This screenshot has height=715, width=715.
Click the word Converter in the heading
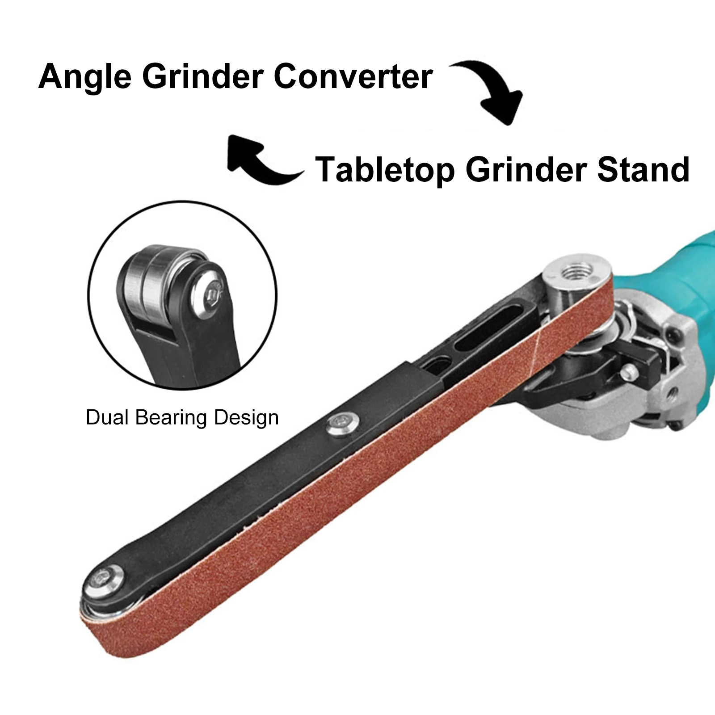pos(353,76)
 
